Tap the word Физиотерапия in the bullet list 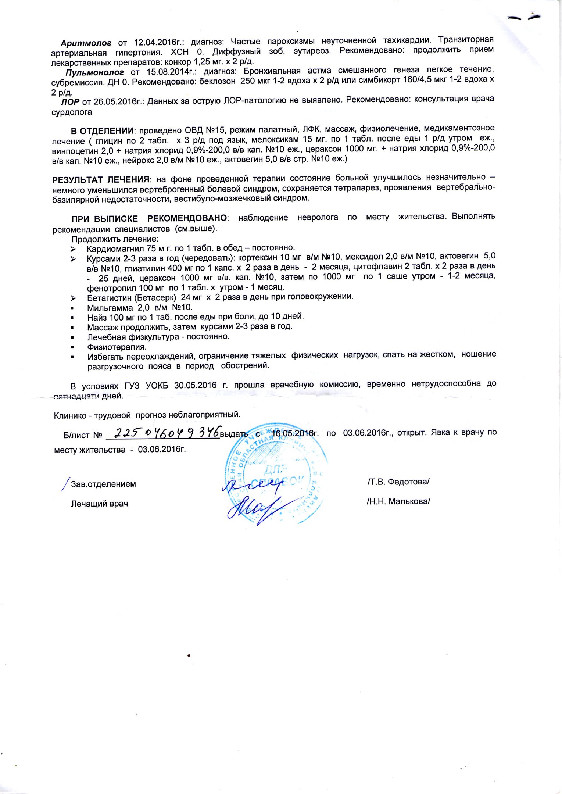point(117,347)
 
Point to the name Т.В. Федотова point(398,482)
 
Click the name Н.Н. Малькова point(398,501)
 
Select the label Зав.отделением point(103,484)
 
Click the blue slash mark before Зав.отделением point(66,483)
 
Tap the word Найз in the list point(97,317)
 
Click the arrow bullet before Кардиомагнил point(73,249)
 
